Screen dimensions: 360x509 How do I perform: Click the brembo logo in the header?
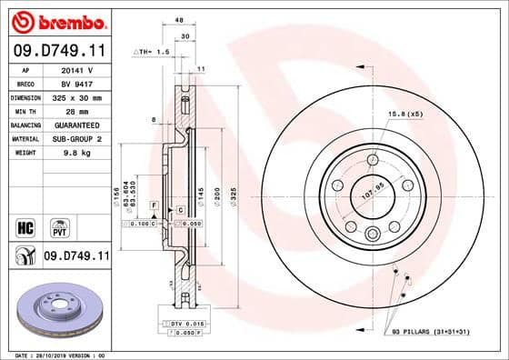pos(56,20)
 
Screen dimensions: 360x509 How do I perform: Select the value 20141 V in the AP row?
pos(78,68)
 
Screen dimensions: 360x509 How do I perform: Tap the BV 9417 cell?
pos(78,82)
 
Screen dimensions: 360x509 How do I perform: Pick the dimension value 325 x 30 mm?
pos(78,95)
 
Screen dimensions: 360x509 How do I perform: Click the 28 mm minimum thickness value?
pos(78,109)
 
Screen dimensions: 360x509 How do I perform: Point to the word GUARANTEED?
pos(78,124)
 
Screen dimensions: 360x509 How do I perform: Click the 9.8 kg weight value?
pos(78,152)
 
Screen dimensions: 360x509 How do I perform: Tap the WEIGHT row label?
pos(24,152)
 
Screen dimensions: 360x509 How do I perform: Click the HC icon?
pos(25,224)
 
